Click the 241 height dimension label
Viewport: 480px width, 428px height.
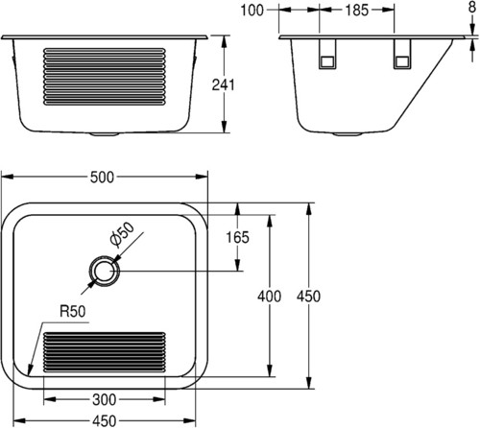click(x=224, y=85)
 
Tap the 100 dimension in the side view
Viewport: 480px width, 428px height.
click(x=252, y=11)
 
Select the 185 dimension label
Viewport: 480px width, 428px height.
click(x=357, y=11)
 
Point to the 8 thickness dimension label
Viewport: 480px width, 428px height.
click(x=472, y=7)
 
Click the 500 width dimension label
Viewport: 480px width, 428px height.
click(x=102, y=178)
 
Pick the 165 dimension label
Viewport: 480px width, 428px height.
click(x=237, y=237)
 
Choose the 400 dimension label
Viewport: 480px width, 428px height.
click(x=270, y=297)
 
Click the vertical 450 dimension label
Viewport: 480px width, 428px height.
click(x=308, y=297)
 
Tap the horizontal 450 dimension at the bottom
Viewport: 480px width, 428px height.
click(x=105, y=420)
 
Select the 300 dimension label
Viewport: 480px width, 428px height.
click(x=105, y=400)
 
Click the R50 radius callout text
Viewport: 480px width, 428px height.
click(x=73, y=311)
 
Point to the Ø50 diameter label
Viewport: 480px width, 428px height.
click(x=122, y=235)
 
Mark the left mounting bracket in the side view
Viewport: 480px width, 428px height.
click(x=327, y=54)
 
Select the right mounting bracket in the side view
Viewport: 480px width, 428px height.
click(x=402, y=54)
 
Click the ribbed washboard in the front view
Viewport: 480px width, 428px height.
click(x=105, y=77)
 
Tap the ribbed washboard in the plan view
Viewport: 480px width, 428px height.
click(x=105, y=352)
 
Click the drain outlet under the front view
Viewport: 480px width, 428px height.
click(x=104, y=134)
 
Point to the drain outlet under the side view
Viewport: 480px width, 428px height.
click(x=348, y=134)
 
